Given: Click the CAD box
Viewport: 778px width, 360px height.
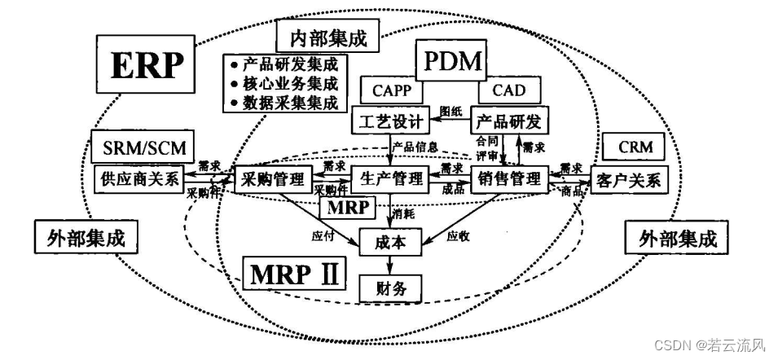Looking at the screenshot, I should [508, 90].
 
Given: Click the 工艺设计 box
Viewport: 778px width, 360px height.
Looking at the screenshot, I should [390, 122].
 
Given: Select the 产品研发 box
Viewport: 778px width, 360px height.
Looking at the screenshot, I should [506, 122].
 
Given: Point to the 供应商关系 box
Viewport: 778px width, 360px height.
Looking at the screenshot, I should [138, 178].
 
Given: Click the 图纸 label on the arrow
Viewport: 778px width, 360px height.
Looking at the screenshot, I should [451, 110].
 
